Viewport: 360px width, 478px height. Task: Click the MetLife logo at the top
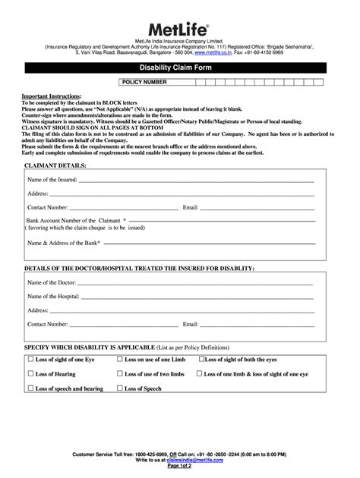[180, 25]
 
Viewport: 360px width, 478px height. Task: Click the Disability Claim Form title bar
[180, 67]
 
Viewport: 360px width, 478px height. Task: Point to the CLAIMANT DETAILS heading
[56, 164]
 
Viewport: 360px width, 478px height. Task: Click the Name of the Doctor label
[52, 283]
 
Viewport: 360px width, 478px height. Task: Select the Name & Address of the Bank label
[64, 244]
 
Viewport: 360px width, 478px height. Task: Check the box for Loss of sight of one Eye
[30, 360]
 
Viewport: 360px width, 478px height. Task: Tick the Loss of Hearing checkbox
[30, 373]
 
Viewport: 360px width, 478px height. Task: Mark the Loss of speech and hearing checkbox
[30, 388]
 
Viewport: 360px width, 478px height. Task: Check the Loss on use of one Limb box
[119, 360]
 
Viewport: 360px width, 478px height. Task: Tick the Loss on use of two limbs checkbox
[119, 373]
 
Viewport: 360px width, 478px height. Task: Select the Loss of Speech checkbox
[119, 388]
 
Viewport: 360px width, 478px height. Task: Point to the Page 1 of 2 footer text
[180, 466]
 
